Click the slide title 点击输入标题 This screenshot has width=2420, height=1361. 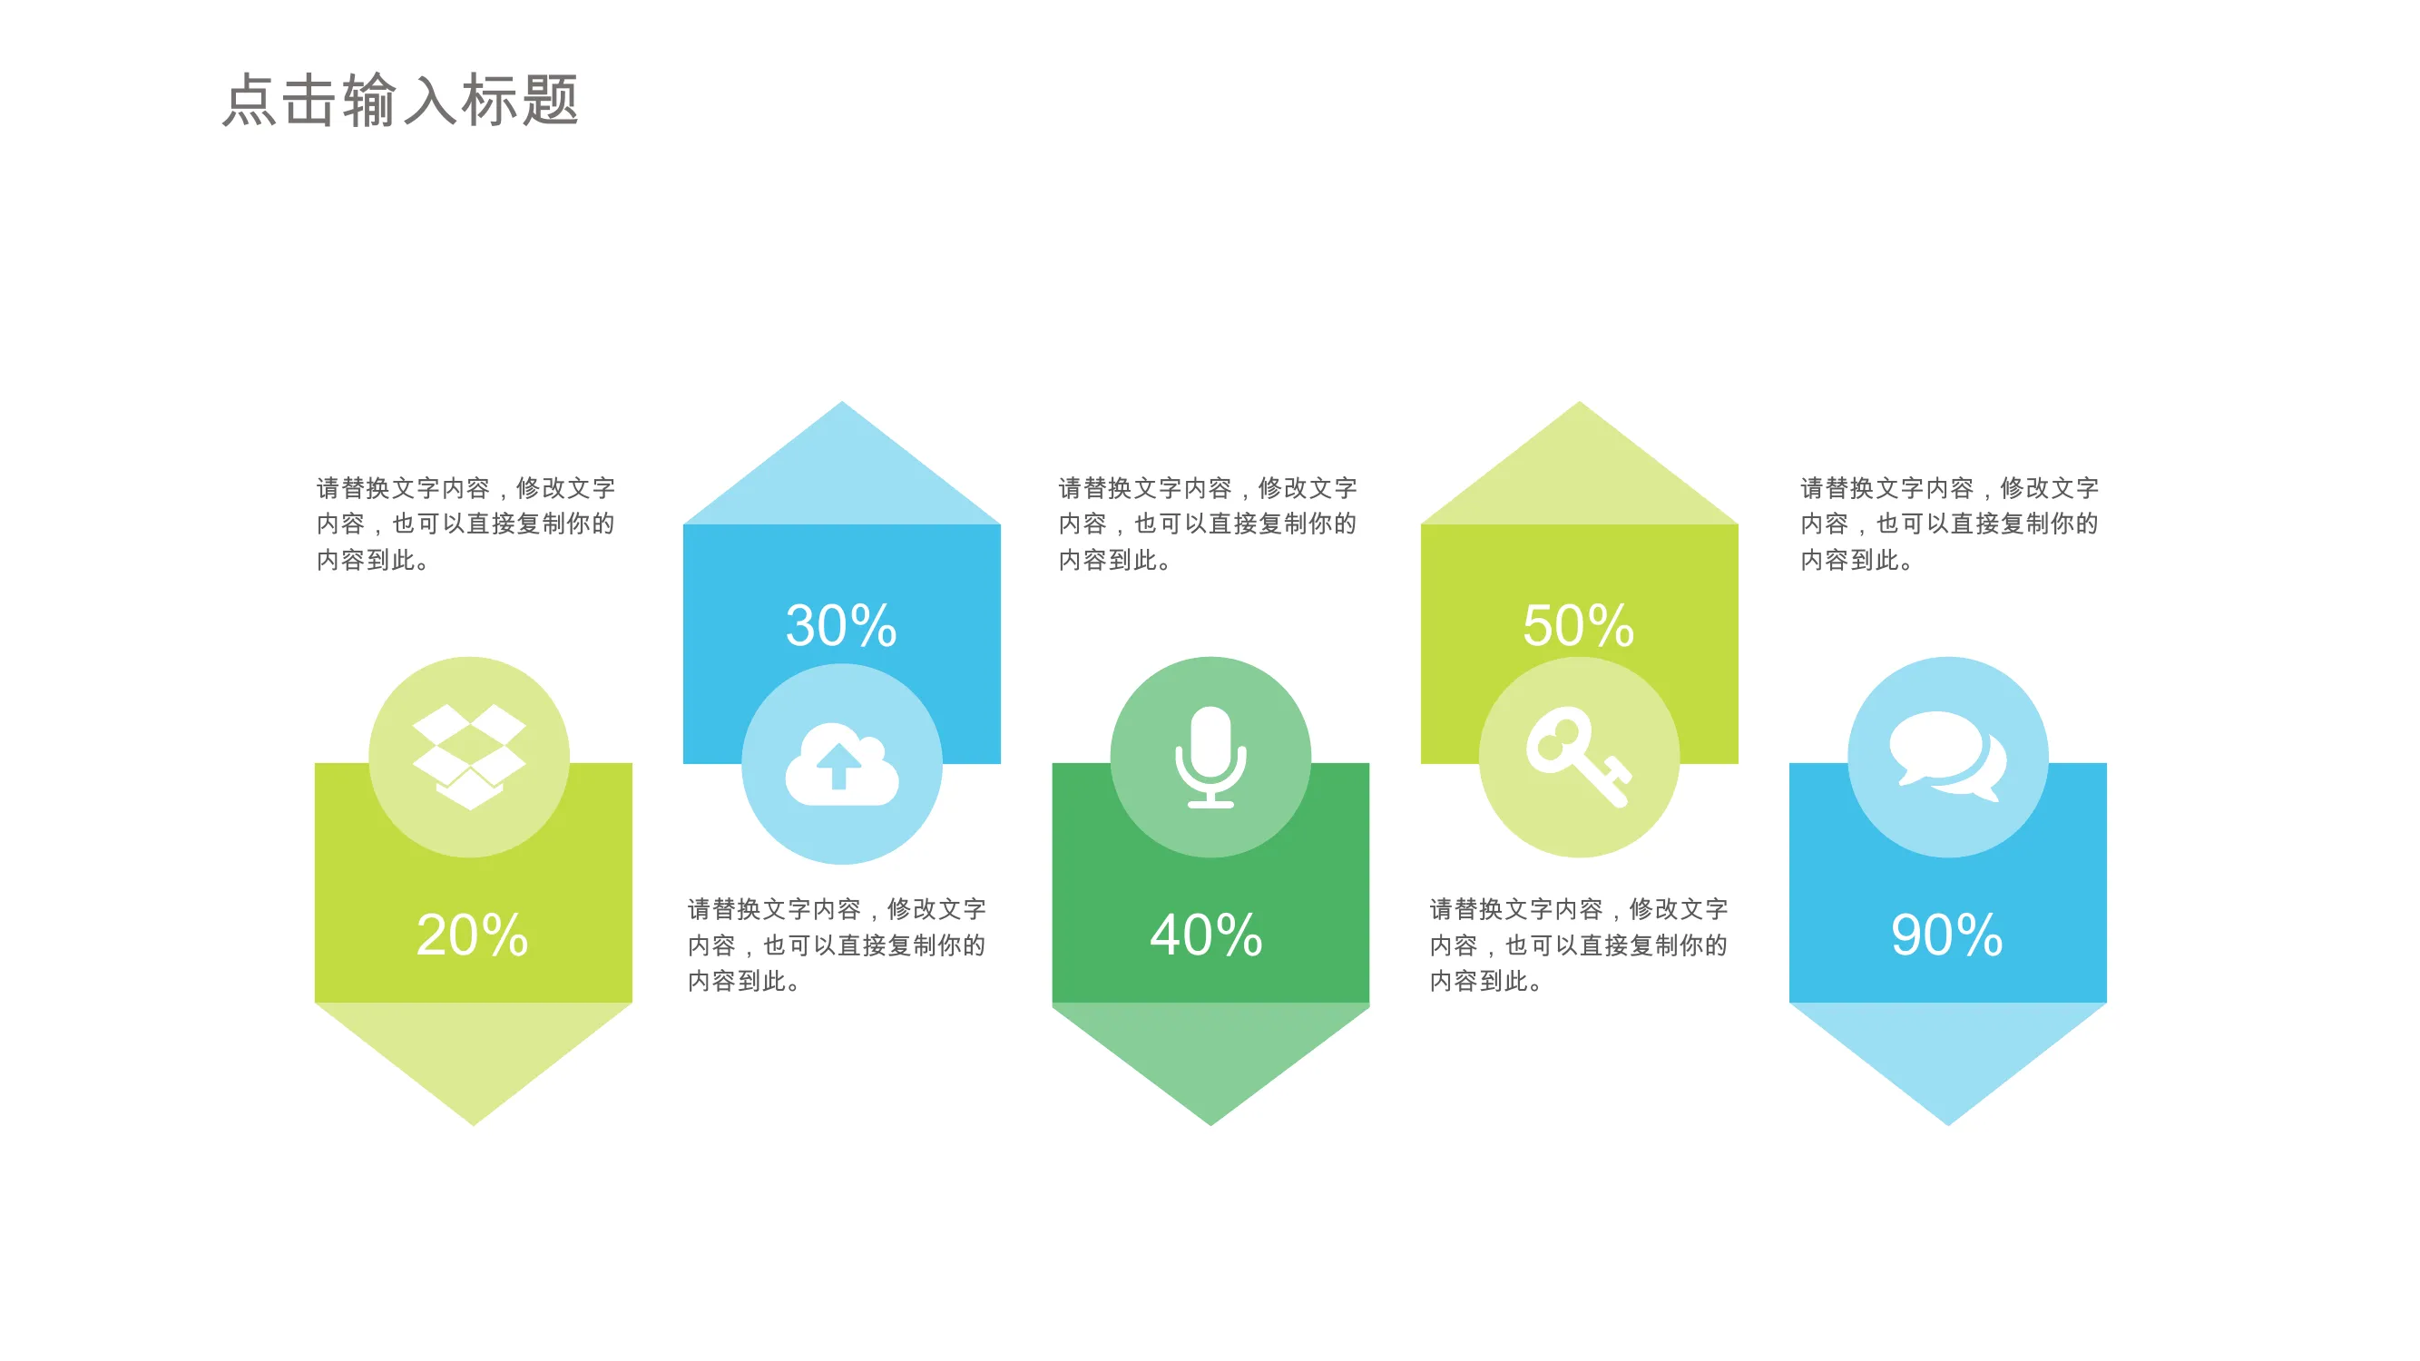400,100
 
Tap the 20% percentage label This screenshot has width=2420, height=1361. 473,935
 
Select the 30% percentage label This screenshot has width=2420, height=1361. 842,624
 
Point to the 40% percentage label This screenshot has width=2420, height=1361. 1207,935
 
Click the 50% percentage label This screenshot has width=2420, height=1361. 1579,624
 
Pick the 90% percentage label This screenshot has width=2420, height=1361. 1947,935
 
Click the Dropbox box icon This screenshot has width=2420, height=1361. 470,756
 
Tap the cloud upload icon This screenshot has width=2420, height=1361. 842,764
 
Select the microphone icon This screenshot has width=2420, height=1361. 1211,757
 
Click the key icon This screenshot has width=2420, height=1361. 1579,757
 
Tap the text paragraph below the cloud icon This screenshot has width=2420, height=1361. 837,945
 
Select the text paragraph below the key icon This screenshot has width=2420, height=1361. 1579,945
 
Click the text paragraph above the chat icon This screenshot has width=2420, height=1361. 1950,524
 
